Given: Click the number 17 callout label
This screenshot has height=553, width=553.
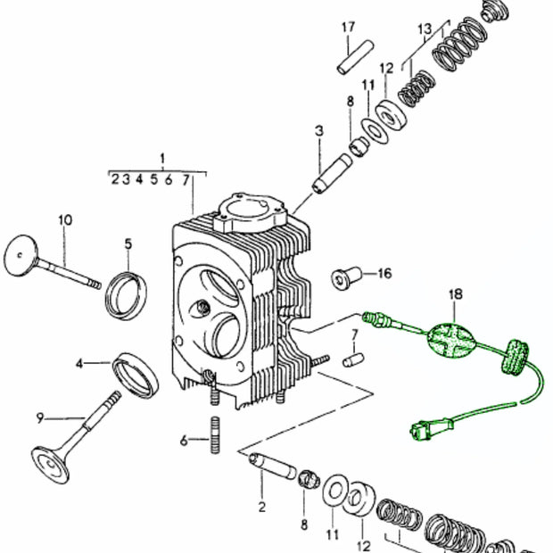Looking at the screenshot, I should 348,27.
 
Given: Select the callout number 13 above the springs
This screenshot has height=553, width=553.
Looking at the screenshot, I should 425,30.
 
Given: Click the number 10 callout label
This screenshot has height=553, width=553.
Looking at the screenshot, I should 64,219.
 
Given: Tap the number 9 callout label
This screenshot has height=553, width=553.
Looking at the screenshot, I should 39,417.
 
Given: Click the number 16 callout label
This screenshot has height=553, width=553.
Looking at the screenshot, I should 384,274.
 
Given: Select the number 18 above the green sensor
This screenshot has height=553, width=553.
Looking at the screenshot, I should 455,293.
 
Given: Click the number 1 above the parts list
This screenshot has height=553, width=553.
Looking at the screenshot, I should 162,159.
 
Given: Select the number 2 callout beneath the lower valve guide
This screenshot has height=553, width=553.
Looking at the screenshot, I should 261,508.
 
